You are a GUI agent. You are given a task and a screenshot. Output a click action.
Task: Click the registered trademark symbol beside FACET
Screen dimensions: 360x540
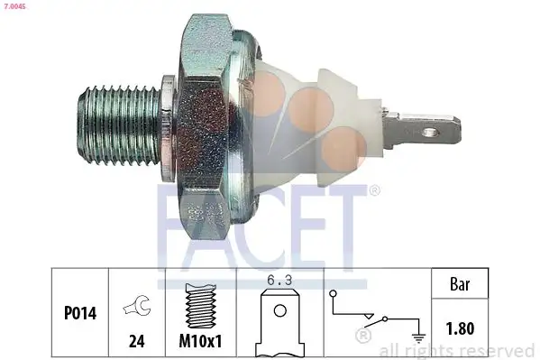tap(374, 190)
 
